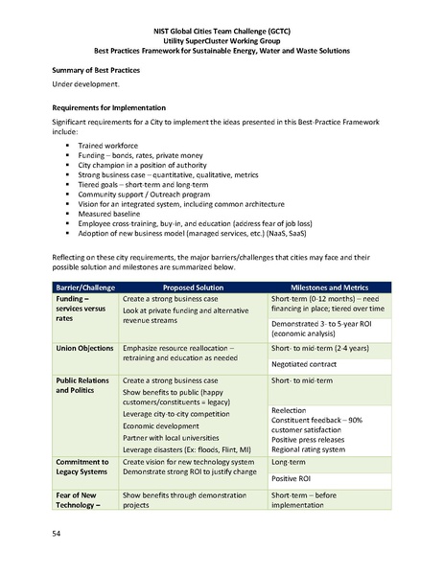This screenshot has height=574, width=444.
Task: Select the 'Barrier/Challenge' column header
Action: (x=82, y=287)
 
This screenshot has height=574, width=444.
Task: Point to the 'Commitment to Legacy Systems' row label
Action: (x=87, y=468)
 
